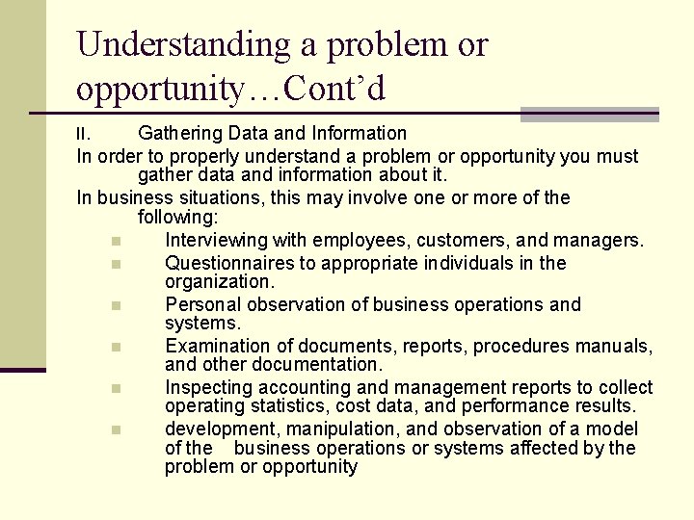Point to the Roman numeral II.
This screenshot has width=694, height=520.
coord(86,134)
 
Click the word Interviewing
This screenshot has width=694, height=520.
coord(222,240)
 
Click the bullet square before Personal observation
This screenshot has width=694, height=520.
coord(115,305)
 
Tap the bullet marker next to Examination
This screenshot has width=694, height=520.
coord(115,346)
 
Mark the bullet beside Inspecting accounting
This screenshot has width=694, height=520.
coord(115,388)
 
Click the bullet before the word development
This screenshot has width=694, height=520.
coord(115,429)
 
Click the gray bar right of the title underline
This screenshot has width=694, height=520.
coord(589,115)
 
